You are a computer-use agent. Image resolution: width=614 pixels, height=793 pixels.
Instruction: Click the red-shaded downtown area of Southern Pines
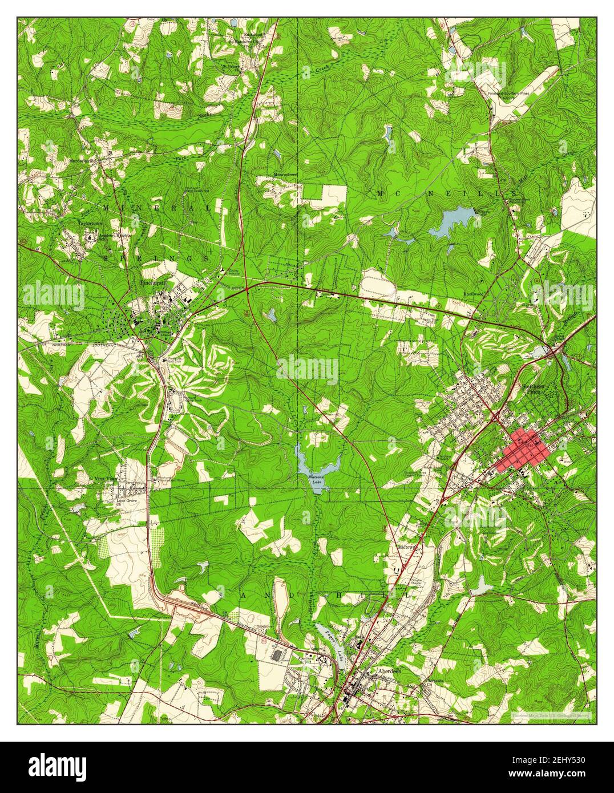[x=526, y=449]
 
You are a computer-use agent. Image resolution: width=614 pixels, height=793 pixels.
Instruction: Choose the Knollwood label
[x=474, y=294]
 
